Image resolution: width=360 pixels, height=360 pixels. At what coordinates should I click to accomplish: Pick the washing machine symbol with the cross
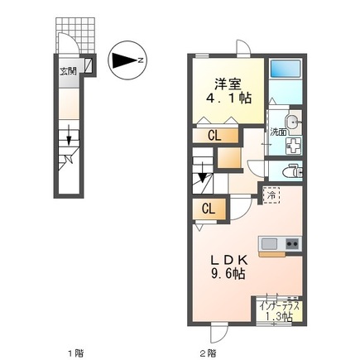pos(293,146)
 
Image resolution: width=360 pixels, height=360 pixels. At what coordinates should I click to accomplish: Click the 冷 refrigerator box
pos(271,195)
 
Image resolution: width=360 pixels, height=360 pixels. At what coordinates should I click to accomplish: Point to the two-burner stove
pos(292,244)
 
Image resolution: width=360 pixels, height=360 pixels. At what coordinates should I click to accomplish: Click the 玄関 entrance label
pos(67,71)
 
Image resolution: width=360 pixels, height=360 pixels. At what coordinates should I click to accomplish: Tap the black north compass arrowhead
pos(125,60)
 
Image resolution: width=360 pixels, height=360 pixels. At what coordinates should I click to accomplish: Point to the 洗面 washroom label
pos(277,132)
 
